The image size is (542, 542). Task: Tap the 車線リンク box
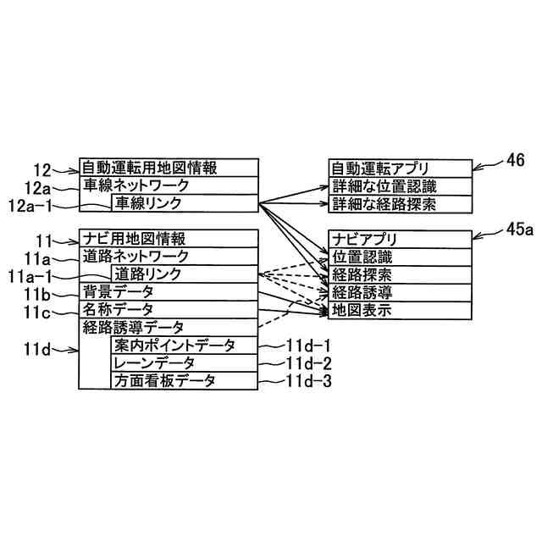[x=183, y=203]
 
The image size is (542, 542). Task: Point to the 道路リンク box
[x=183, y=274]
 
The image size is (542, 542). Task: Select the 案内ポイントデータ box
[x=183, y=346]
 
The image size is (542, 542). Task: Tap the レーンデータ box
[x=183, y=363]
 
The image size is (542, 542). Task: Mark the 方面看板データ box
[x=183, y=381]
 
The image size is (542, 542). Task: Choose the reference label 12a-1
[x=30, y=204]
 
